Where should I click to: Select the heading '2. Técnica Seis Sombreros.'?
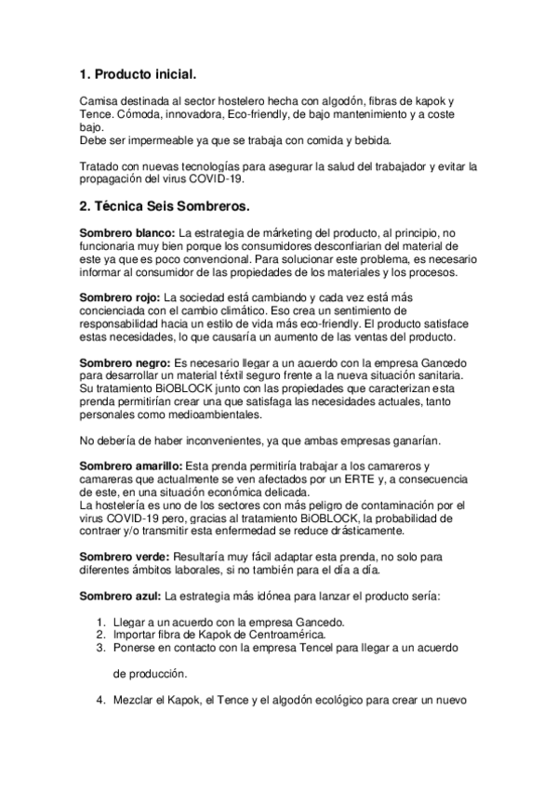164,204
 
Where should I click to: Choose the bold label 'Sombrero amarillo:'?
130,465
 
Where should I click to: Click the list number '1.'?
102,621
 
